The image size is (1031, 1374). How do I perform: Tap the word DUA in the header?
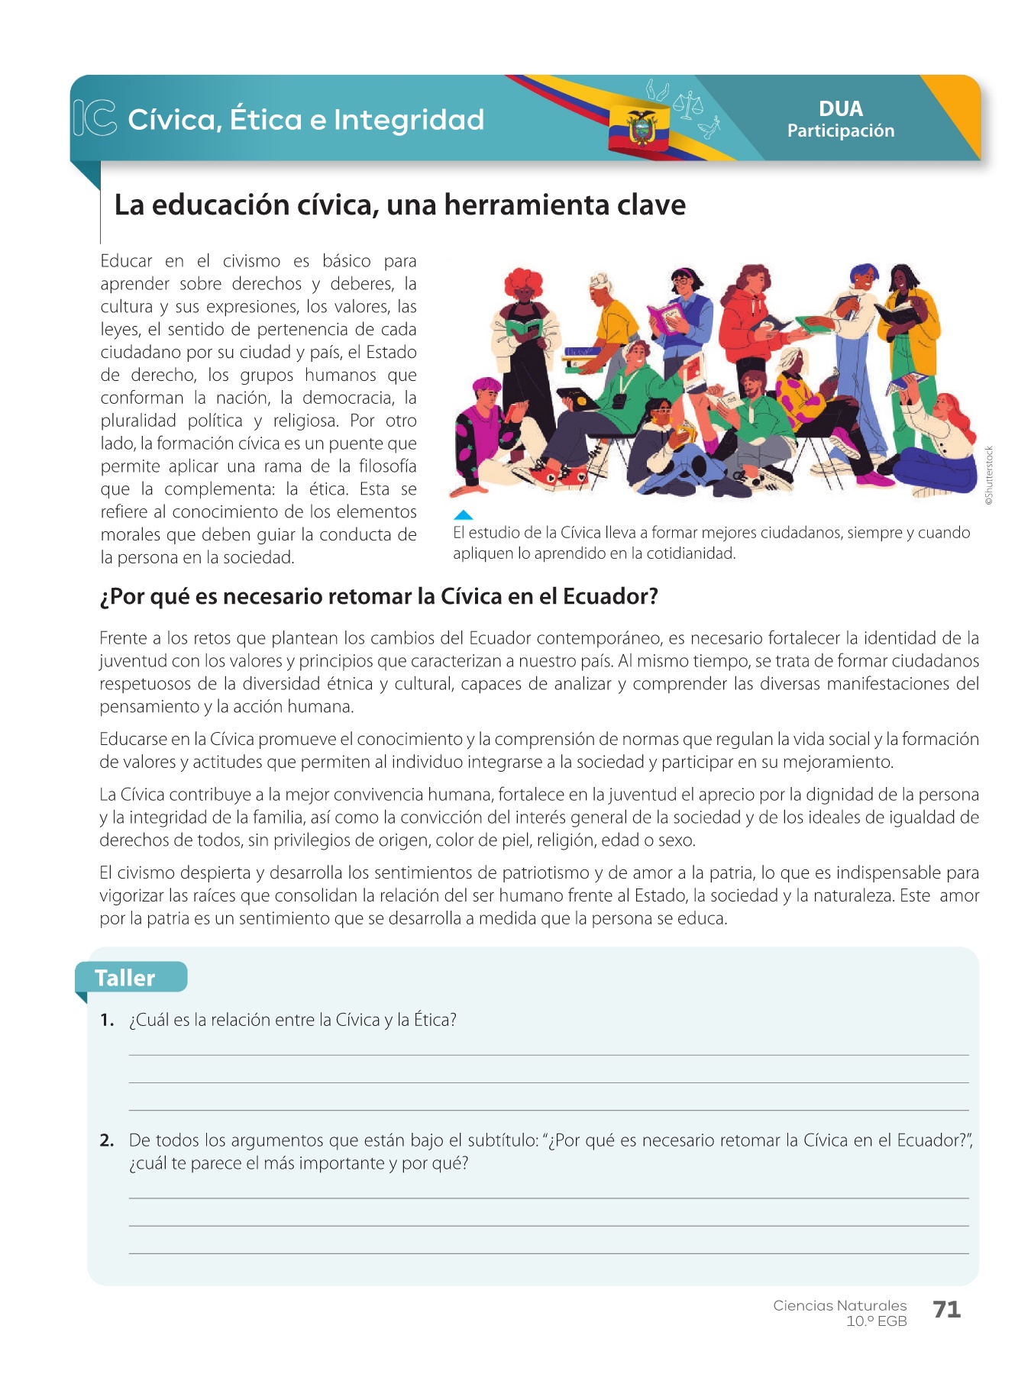click(840, 108)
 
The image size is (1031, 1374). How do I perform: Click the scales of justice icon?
click(688, 105)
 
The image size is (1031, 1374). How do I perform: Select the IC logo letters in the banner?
click(95, 118)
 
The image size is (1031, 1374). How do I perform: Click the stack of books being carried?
click(584, 359)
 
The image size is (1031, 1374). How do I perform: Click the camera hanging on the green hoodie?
click(621, 399)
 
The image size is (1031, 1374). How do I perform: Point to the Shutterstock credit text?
click(989, 475)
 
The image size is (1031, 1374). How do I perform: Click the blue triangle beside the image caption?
click(463, 515)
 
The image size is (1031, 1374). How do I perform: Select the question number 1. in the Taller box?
click(107, 1020)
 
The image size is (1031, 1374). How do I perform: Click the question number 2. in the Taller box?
click(107, 1140)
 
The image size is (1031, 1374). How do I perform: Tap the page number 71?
click(946, 1309)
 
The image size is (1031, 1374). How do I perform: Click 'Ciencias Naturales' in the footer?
click(839, 1305)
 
